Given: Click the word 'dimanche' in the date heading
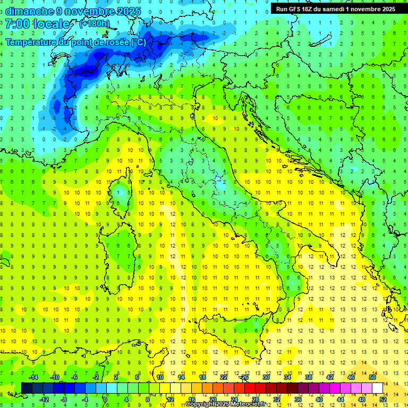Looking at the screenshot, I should [x=29, y=11].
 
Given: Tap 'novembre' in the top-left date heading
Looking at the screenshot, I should [x=87, y=11].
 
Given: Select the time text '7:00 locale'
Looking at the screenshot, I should [x=38, y=24].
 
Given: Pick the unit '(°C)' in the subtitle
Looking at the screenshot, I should [x=137, y=42].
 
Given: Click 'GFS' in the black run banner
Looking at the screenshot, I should [x=297, y=9].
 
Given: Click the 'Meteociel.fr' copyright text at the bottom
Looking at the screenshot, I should [x=252, y=404].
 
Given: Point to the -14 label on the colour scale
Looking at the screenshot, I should [x=34, y=377].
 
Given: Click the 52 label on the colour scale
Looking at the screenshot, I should [x=383, y=399].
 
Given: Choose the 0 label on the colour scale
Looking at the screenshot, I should [x=105, y=399].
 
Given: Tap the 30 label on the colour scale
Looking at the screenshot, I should [x=266, y=377].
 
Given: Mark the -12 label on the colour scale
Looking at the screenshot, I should [x=44, y=399].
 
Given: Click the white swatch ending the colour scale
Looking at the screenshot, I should [x=378, y=388].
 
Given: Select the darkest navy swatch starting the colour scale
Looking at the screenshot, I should [x=27, y=388].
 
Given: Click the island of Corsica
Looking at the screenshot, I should [x=122, y=191].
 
